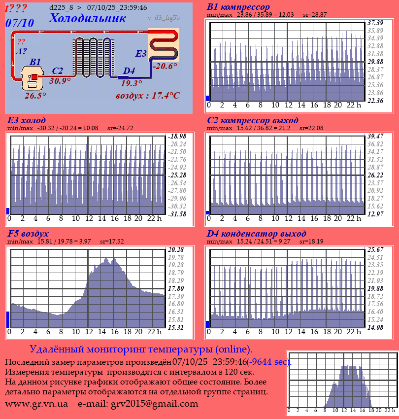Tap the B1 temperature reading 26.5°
35,96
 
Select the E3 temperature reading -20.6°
165,66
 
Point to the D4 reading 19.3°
131,83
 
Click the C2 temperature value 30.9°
60,81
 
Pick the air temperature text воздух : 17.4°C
147,95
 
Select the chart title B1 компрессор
238,7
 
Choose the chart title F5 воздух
28,234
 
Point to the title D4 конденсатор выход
257,234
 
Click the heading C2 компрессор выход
252,120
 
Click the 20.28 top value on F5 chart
176,249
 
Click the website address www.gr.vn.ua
36,404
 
